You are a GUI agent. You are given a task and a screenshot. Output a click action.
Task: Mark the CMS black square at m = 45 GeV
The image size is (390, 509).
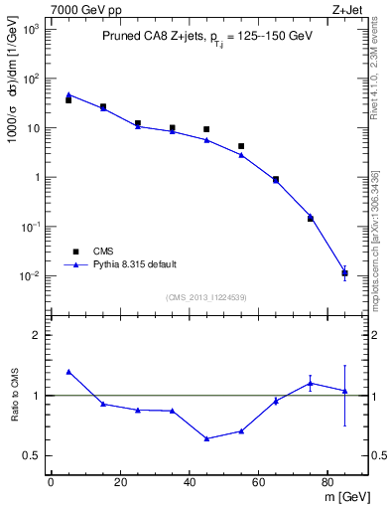[206, 129]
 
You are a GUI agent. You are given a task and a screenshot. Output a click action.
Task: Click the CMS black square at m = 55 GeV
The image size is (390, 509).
[241, 146]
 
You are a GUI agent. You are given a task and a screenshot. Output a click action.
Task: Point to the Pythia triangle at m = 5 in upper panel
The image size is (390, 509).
[68, 94]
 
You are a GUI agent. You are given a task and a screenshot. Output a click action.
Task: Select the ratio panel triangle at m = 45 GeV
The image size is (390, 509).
[206, 438]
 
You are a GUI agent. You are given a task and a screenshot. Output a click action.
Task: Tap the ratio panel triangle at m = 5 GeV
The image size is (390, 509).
[68, 371]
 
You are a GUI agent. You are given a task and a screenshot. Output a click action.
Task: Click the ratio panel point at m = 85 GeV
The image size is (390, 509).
[344, 391]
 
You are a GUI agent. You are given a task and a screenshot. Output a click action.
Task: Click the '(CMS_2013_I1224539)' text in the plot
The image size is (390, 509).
[206, 295]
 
